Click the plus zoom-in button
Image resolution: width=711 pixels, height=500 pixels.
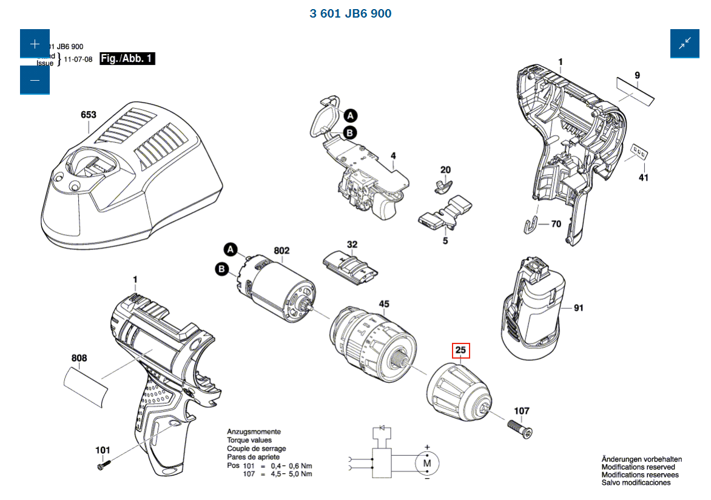35,44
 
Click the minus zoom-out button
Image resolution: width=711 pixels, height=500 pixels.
35,80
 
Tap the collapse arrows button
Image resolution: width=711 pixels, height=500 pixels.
684,43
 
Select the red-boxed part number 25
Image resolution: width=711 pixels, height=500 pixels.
460,350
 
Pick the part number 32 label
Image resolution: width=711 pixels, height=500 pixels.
352,245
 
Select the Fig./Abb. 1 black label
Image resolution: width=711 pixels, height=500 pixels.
127,59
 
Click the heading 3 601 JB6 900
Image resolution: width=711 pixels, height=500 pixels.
351,13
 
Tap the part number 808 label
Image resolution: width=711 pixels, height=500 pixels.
79,358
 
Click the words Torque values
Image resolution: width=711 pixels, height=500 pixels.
249,440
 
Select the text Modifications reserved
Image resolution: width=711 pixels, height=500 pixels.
638,467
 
